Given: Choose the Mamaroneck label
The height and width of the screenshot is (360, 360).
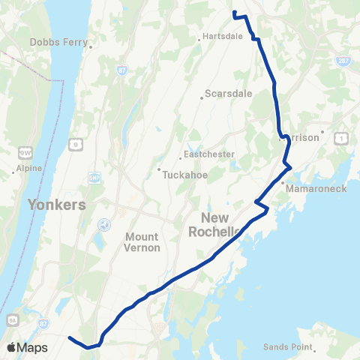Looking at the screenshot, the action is [x=319, y=188].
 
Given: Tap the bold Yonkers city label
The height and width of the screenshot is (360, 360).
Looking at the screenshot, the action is [x=57, y=204].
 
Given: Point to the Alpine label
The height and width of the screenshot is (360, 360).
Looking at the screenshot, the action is [x=27, y=170].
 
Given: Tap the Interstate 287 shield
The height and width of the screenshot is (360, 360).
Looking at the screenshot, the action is [x=343, y=61].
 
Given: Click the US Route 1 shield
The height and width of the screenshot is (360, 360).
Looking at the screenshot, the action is [x=342, y=138].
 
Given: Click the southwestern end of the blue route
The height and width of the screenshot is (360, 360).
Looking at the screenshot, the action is [x=70, y=338].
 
